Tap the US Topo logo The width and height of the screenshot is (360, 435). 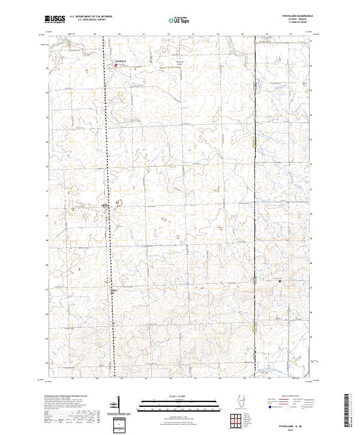pos(180,20)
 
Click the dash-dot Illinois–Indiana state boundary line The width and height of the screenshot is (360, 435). pos(255,180)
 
